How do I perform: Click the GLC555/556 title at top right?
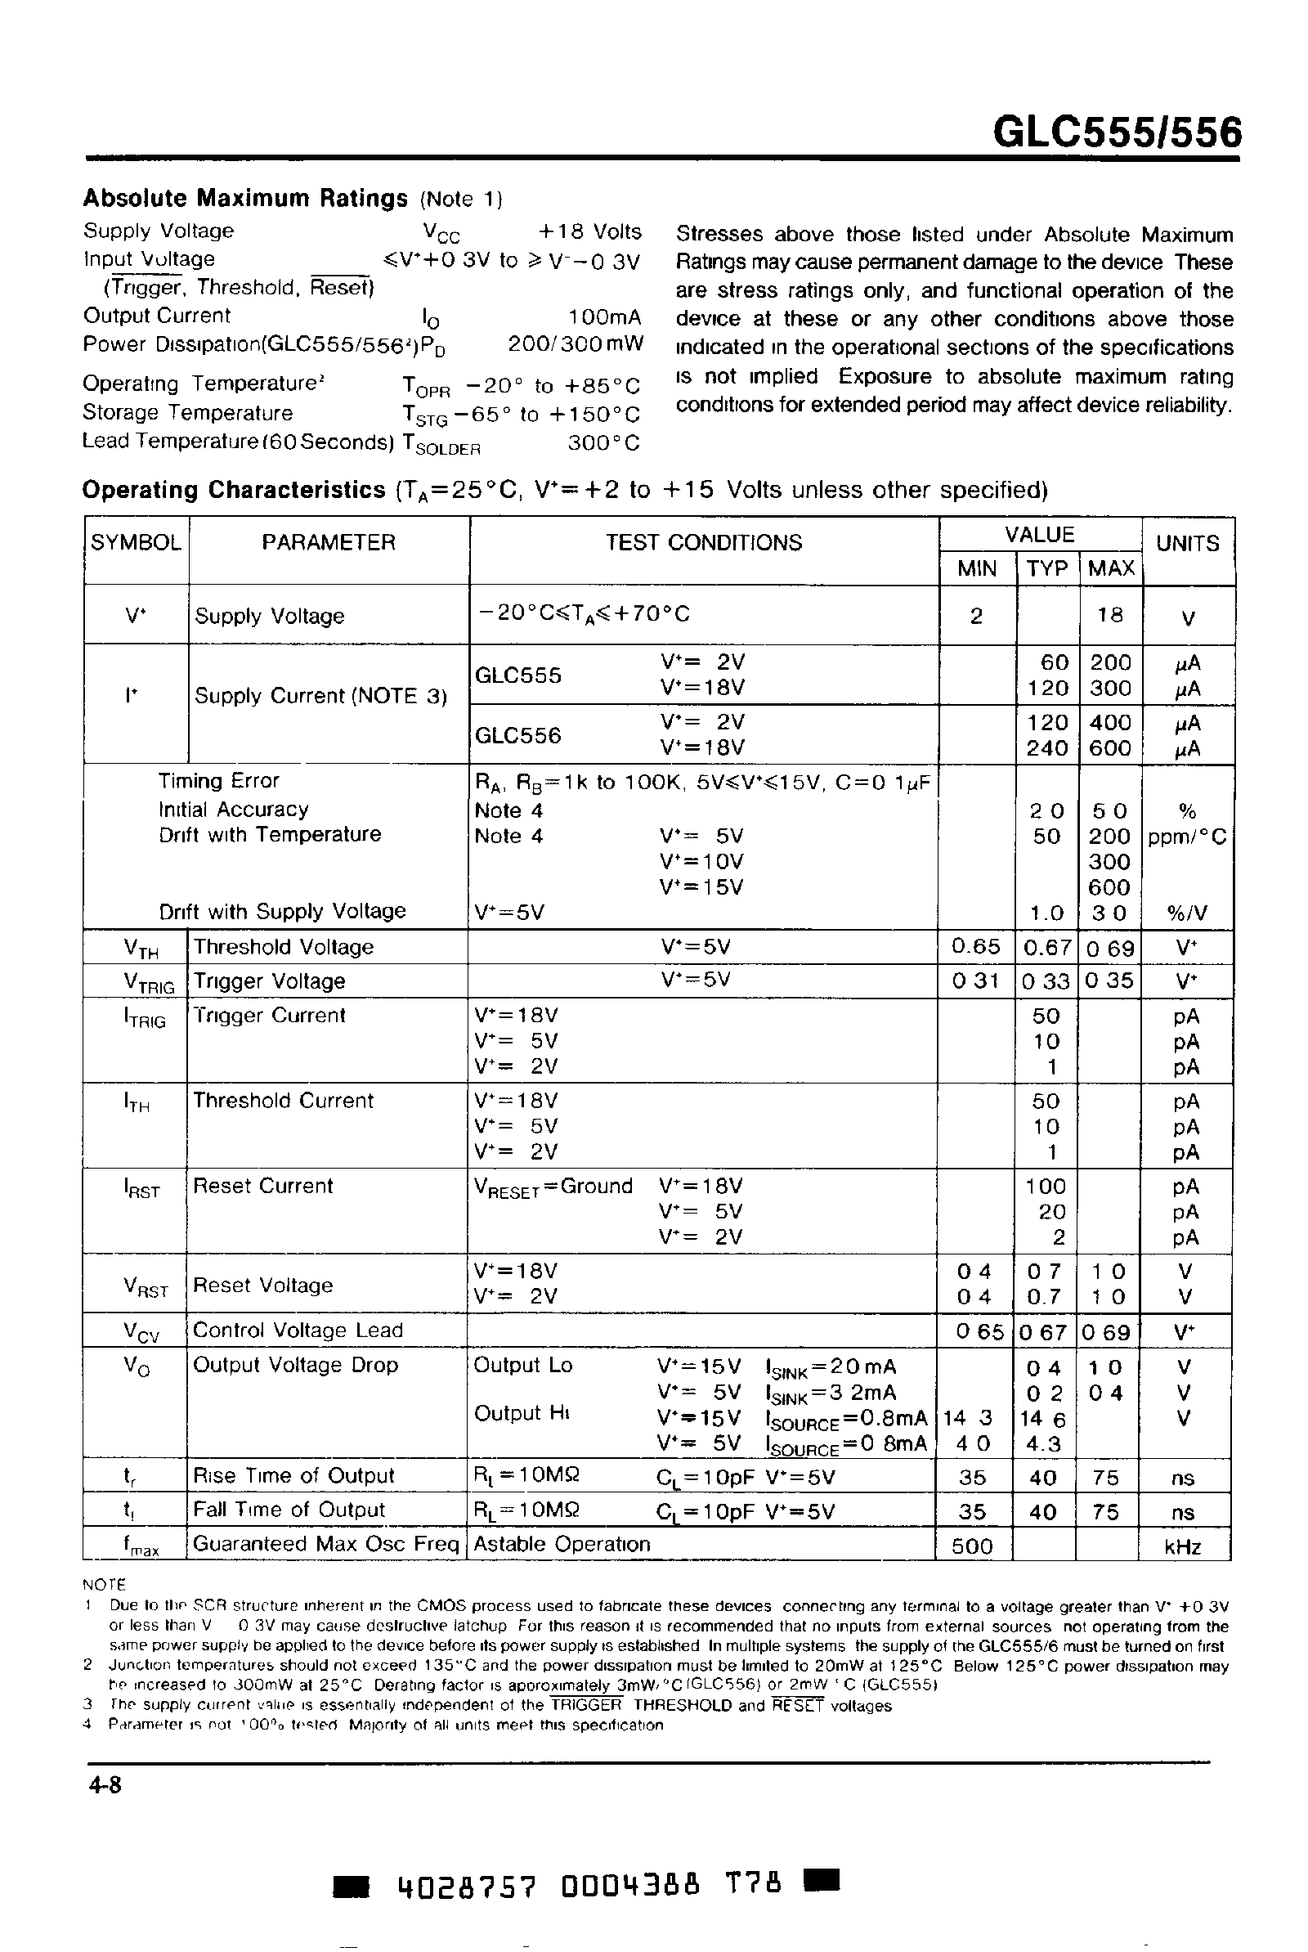pyautogui.click(x=1116, y=132)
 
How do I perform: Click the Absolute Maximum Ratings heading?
pyautogui.click(x=245, y=199)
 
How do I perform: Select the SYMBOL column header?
pyautogui.click(x=136, y=543)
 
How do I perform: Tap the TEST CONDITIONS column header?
pyautogui.click(x=703, y=543)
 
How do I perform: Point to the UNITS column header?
pyautogui.click(x=1187, y=544)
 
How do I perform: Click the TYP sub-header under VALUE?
pyautogui.click(x=1047, y=569)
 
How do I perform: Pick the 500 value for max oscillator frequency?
pyautogui.click(x=973, y=1546)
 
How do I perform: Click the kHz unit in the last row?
pyautogui.click(x=1183, y=1547)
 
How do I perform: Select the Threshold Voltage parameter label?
pyautogui.click(x=283, y=948)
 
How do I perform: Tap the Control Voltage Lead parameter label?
pyautogui.click(x=298, y=1331)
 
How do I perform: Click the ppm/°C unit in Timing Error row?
pyautogui.click(x=1187, y=837)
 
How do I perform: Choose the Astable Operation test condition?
pyautogui.click(x=562, y=1544)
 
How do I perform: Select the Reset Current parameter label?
pyautogui.click(x=262, y=1187)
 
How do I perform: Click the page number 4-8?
pyautogui.click(x=105, y=1785)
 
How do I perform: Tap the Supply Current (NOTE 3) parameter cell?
pyautogui.click(x=320, y=697)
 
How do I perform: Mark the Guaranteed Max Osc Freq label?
pyautogui.click(x=326, y=1544)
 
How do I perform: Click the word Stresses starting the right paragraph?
pyautogui.click(x=719, y=235)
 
